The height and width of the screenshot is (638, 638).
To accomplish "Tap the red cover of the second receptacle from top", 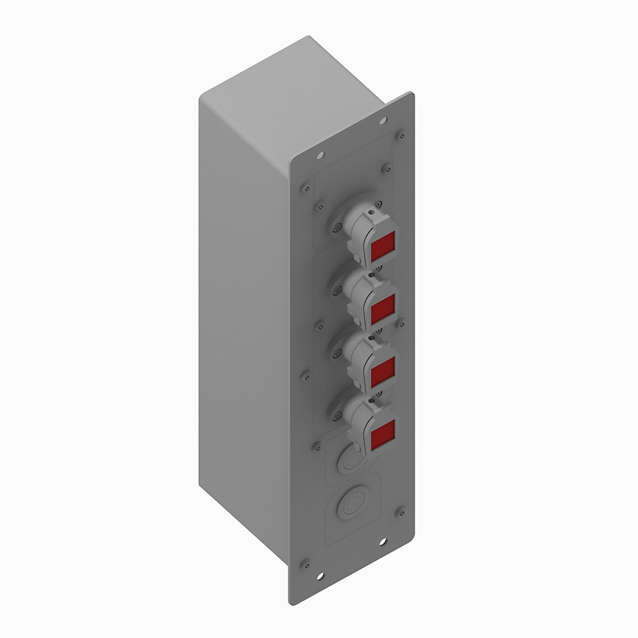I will [383, 309].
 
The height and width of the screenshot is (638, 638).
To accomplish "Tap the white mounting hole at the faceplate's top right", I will [383, 120].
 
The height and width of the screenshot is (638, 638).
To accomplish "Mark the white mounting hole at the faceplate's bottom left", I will [320, 578].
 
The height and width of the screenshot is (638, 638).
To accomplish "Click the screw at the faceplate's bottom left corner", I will [305, 563].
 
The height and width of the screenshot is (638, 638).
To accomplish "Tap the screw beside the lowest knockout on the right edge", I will [400, 511].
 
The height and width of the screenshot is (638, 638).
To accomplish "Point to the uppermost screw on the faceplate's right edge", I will [400, 135].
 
